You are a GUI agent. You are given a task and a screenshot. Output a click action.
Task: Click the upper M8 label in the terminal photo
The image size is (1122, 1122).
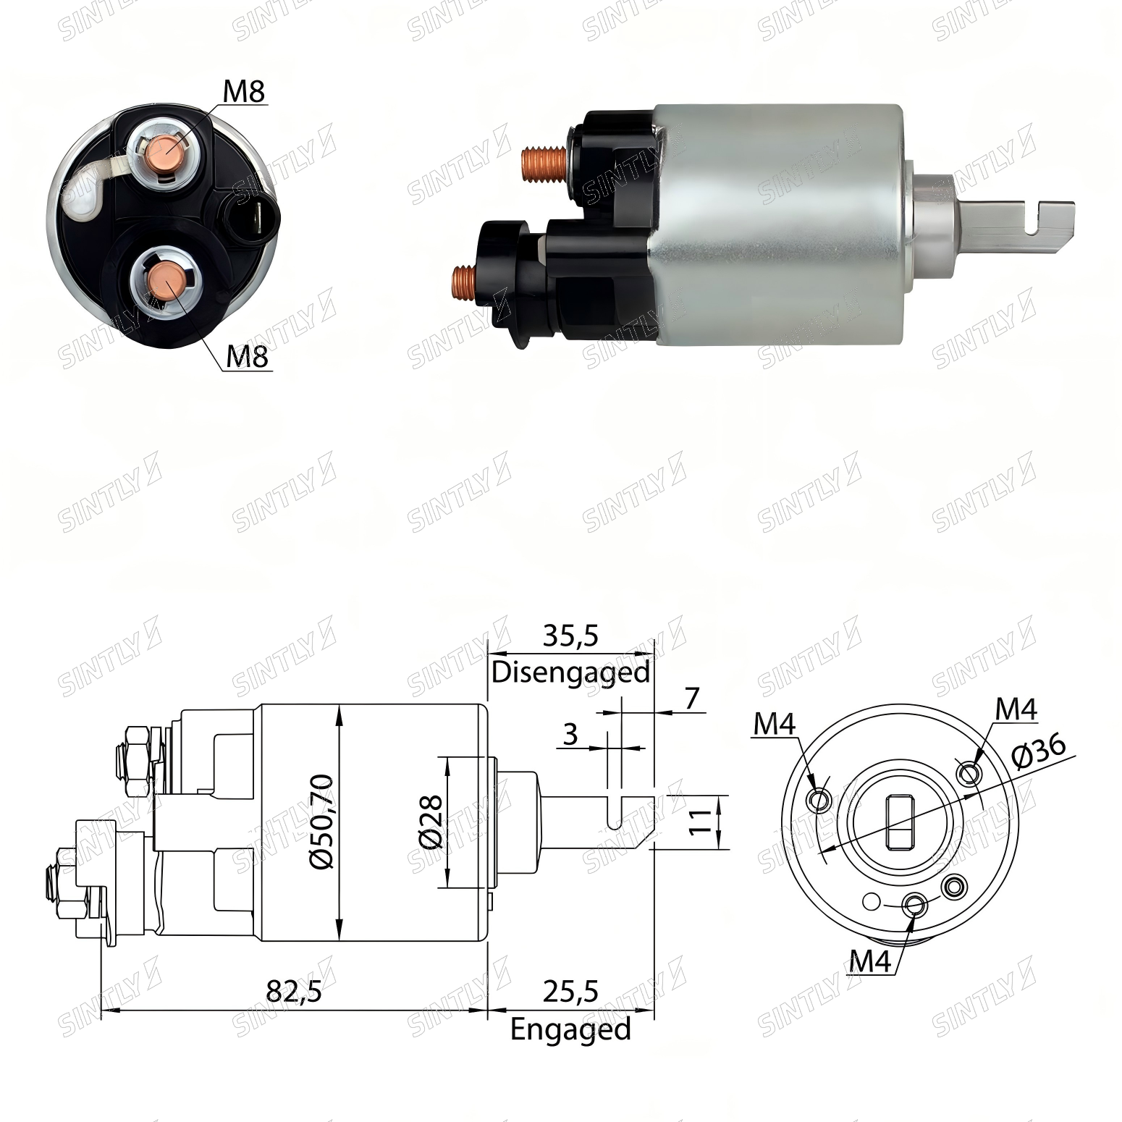pyautogui.click(x=244, y=92)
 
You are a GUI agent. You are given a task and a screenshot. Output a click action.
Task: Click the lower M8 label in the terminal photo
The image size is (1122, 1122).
pyautogui.click(x=248, y=357)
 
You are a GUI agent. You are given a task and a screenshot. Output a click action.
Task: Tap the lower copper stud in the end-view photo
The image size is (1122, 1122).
pyautogui.click(x=166, y=282)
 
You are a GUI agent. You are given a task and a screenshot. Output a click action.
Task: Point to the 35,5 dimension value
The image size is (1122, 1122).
pyautogui.click(x=570, y=636)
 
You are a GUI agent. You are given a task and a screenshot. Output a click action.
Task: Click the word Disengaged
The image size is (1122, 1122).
pyautogui.click(x=570, y=672)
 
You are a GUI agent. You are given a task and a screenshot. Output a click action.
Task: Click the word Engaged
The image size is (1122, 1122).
pyautogui.click(x=570, y=1029)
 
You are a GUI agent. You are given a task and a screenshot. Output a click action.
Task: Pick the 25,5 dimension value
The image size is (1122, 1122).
pyautogui.click(x=570, y=991)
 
